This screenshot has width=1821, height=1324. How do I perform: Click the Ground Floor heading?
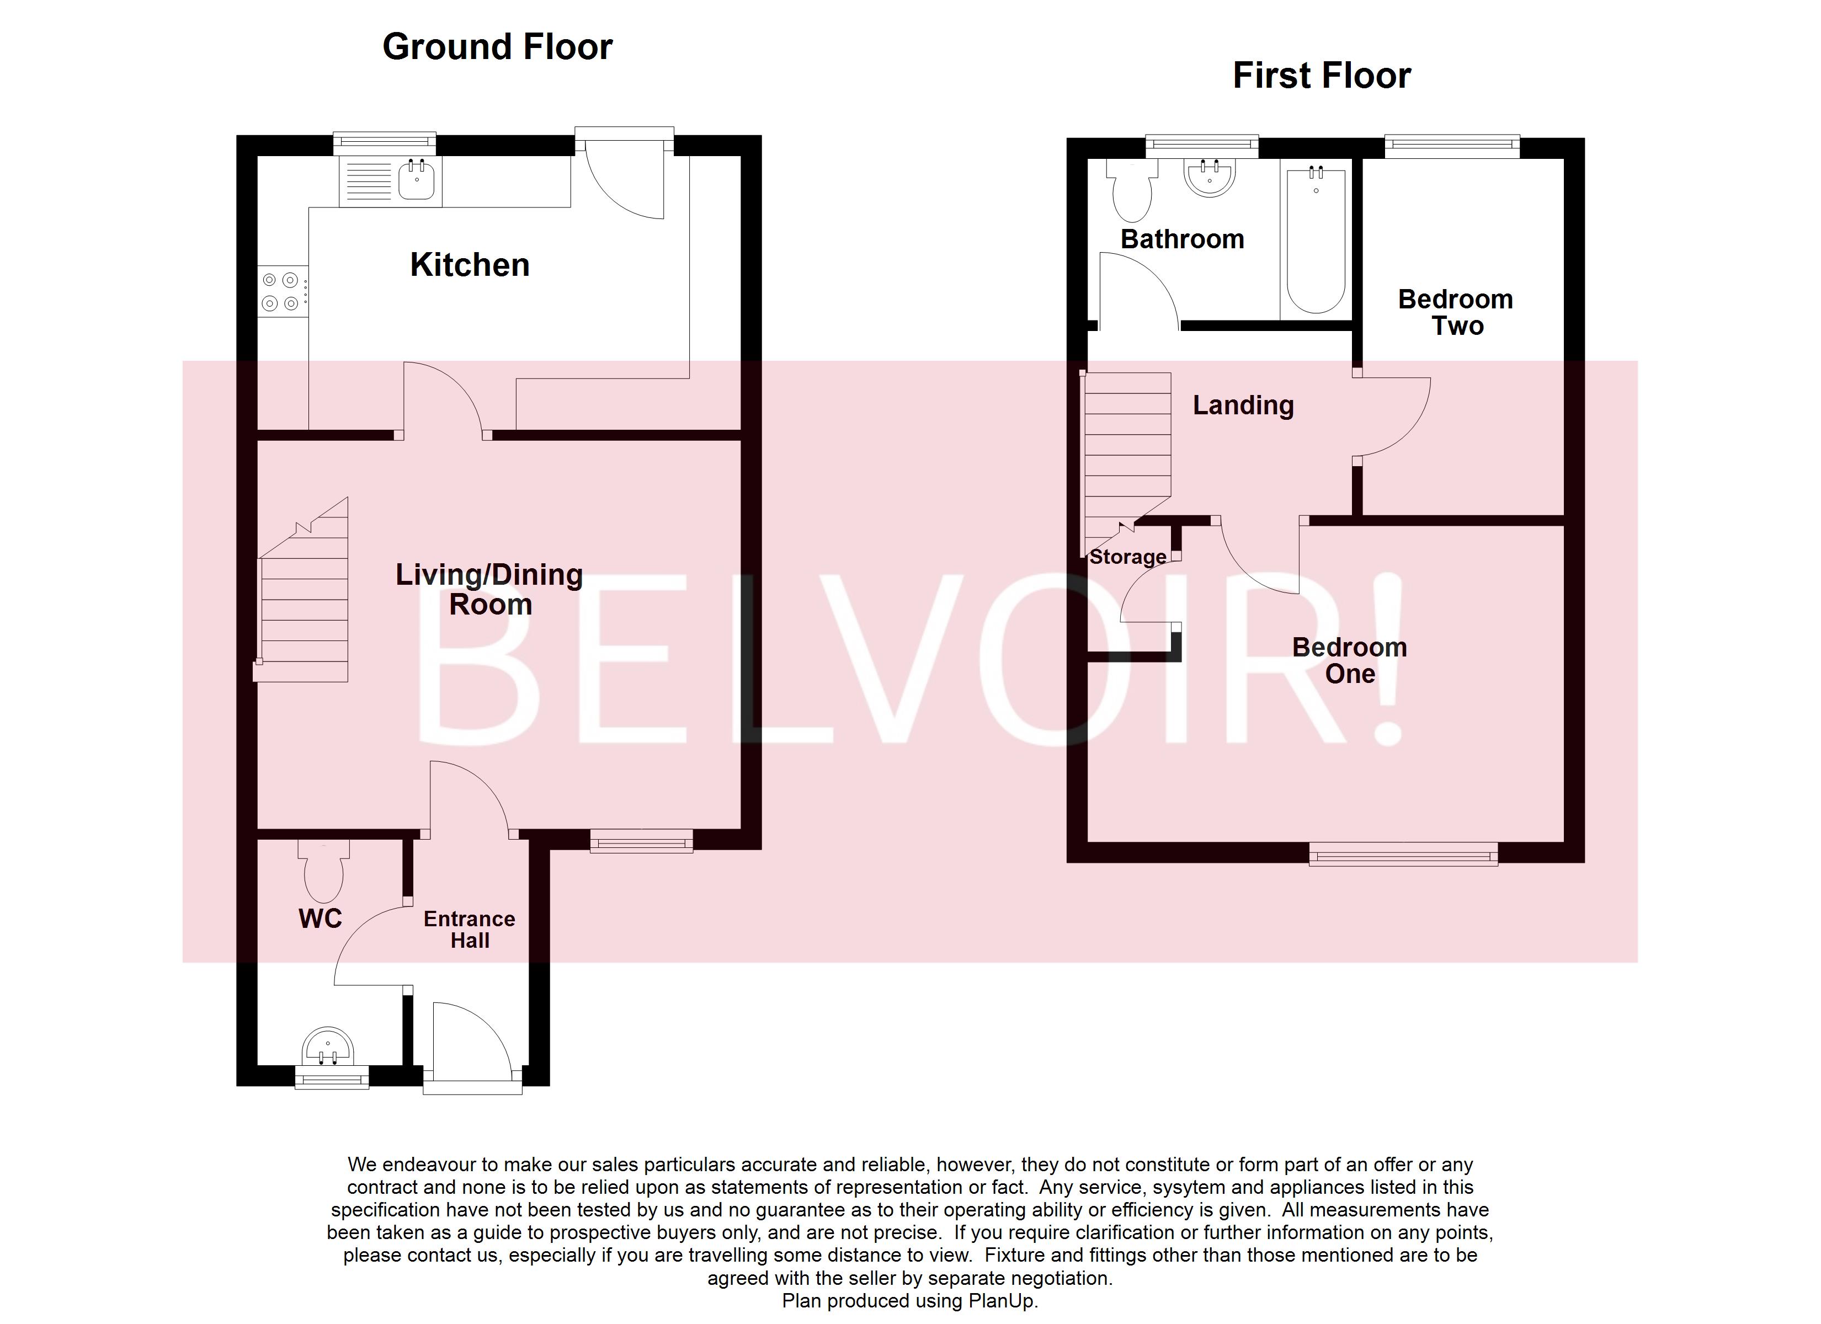click(497, 46)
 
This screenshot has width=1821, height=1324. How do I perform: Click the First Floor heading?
click(1321, 76)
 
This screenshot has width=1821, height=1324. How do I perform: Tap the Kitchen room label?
click(470, 265)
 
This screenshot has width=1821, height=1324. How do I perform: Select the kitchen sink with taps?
click(416, 179)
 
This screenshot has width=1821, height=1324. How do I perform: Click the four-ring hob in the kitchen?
click(281, 291)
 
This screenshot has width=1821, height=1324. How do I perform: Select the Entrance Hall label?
click(469, 929)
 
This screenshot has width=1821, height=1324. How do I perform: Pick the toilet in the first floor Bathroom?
click(1132, 193)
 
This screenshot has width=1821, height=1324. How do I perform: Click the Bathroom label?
click(1182, 239)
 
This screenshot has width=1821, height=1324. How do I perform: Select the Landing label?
click(1242, 405)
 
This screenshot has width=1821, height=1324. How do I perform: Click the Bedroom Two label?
click(1455, 312)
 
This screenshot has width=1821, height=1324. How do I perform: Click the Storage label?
click(1127, 557)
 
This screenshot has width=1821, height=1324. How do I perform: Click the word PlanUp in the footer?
click(1000, 1301)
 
